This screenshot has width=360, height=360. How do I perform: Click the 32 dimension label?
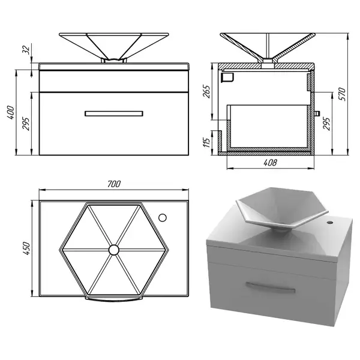pyautogui.click(x=26, y=50)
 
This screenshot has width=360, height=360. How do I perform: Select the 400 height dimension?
pyautogui.click(x=11, y=112)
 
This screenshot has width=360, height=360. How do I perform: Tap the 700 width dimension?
pyautogui.click(x=114, y=184)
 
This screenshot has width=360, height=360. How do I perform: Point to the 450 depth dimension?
pyautogui.click(x=26, y=248)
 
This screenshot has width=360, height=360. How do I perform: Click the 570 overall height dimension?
pyautogui.click(x=342, y=94)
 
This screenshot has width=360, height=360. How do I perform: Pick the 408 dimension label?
pyautogui.click(x=270, y=163)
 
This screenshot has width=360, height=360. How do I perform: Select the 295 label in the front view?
pyautogui.click(x=26, y=124)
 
